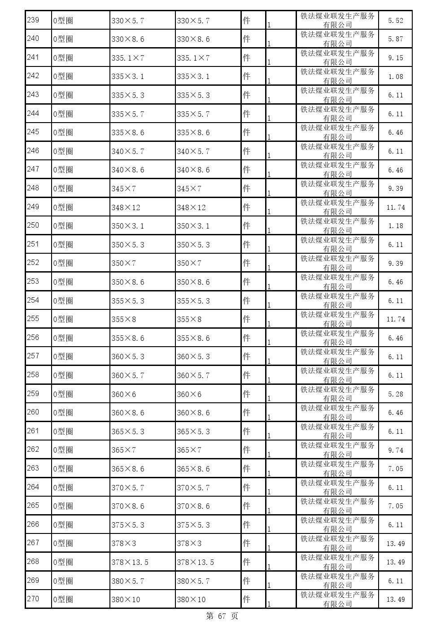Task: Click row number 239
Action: (x=33, y=20)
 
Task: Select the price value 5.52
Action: (x=395, y=20)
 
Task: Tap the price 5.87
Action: (x=395, y=39)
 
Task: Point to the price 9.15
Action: (x=395, y=58)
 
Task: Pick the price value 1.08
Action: (x=395, y=76)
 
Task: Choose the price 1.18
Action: (x=395, y=226)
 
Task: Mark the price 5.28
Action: (x=395, y=394)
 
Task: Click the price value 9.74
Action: (x=395, y=450)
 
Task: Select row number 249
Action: (x=33, y=207)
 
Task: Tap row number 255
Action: (x=33, y=319)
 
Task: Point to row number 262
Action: (x=33, y=449)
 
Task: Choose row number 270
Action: (x=33, y=599)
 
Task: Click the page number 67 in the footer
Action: (x=222, y=617)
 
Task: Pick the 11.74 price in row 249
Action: (x=395, y=207)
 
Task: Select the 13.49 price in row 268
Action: (x=395, y=562)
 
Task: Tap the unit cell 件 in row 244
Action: (x=246, y=114)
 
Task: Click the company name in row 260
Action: (x=338, y=413)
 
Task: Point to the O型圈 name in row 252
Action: (x=63, y=263)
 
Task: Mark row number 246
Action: (x=33, y=150)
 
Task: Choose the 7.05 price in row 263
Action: (x=395, y=469)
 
